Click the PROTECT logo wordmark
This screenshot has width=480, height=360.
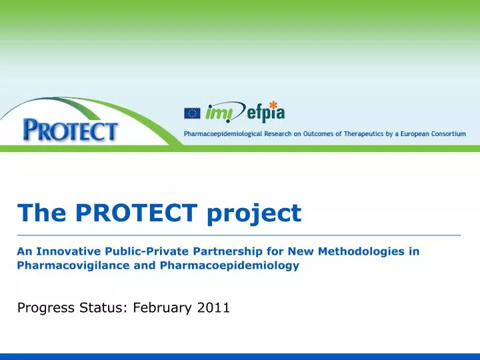70,131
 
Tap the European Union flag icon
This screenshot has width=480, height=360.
192,113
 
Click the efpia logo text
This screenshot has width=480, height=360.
266,113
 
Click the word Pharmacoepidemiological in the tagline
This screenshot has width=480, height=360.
223,134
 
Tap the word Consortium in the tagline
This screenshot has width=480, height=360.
448,134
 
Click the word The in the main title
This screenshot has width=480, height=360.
41,212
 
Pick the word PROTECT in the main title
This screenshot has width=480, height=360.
136,212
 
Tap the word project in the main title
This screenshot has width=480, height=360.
255,214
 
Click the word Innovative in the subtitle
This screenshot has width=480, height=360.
69,251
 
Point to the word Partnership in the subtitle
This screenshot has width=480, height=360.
227,252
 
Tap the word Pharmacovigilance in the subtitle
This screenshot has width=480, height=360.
73,265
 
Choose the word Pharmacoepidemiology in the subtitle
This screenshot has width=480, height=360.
229,266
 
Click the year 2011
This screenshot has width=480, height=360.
213,307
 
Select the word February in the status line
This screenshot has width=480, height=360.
163,308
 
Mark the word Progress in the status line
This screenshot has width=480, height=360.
46,308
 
